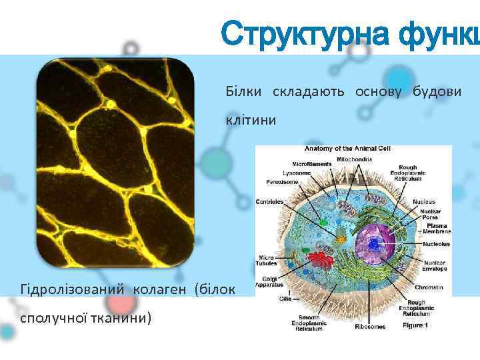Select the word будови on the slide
pos(435,91)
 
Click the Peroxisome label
pos(281,181)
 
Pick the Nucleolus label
pos(437,244)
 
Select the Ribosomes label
pos(369,327)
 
